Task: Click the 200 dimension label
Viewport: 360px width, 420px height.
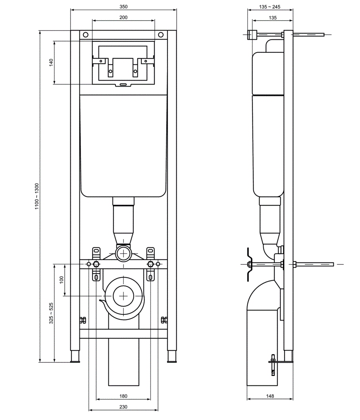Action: tap(123, 17)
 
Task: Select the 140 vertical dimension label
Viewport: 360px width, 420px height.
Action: tap(51, 62)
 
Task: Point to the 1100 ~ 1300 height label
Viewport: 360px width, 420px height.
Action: tap(37, 197)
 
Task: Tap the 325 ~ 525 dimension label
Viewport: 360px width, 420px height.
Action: tap(51, 314)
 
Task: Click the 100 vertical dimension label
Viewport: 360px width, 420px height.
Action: tap(61, 280)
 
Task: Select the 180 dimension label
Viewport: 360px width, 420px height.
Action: tap(123, 396)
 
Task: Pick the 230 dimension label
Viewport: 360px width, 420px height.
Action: tap(123, 407)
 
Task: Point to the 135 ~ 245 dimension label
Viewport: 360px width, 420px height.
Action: tap(270, 7)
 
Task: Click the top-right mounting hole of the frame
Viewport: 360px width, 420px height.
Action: tap(160, 35)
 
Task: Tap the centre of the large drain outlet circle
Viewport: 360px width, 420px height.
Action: tap(124, 296)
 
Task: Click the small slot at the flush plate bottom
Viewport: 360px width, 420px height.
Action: tap(123, 84)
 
